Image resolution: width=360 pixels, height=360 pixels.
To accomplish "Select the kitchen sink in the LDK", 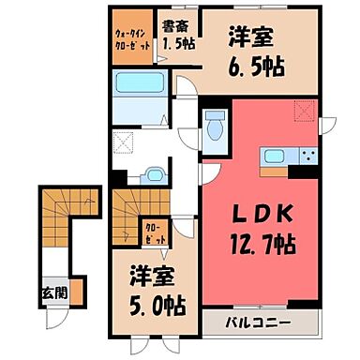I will pyautogui.click(x=277, y=157).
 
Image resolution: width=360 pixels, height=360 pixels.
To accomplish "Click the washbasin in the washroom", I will pyautogui.click(x=152, y=174).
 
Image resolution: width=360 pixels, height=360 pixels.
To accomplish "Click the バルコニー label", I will pyautogui.click(x=261, y=324).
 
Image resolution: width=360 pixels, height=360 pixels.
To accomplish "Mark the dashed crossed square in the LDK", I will pyautogui.click(x=304, y=112).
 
